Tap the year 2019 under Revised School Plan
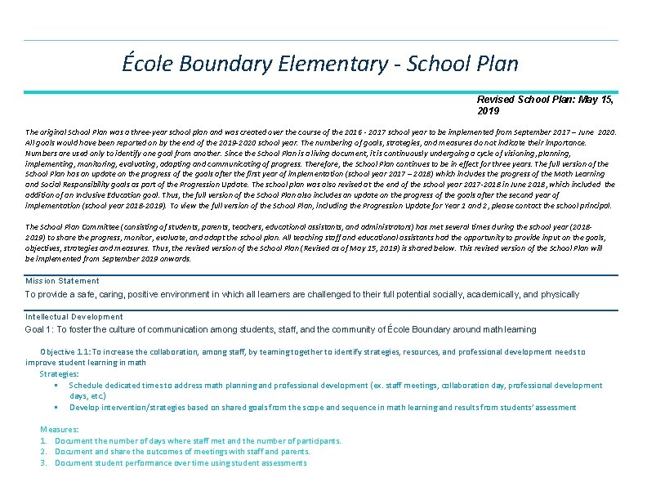point(489,110)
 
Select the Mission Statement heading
point(62,281)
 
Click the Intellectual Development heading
point(74,317)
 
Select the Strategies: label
point(59,373)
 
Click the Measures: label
point(60,429)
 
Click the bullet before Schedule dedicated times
point(56,386)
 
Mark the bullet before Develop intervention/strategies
point(56,408)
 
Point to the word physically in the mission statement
point(556,294)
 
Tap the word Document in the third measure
point(74,463)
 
